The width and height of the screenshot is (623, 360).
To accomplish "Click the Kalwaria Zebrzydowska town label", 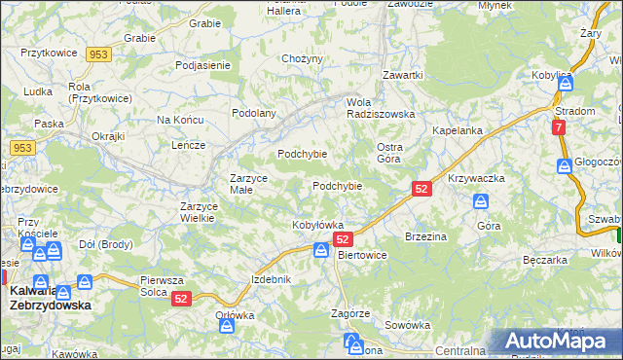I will (x=50, y=297).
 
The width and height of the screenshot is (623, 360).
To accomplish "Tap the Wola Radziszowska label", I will (x=381, y=107).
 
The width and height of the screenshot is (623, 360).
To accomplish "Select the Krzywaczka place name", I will (x=476, y=179).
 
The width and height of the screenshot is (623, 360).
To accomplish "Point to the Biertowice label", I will (x=362, y=255).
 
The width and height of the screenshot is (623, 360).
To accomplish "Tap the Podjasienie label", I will (x=202, y=65).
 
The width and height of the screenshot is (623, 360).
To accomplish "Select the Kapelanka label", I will (x=458, y=130).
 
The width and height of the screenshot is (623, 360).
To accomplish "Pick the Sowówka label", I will (x=407, y=325).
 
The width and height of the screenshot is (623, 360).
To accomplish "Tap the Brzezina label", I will (x=424, y=236).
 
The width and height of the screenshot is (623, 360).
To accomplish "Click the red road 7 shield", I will (x=558, y=127).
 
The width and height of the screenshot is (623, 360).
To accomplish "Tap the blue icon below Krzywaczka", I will (x=480, y=201).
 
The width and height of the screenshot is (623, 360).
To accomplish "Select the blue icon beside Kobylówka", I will (x=321, y=251).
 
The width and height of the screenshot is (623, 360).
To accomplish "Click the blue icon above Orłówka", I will (x=229, y=326).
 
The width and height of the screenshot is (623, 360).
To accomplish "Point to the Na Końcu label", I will (x=178, y=120).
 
